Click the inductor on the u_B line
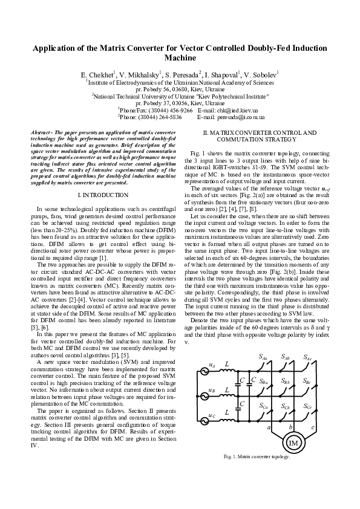pyautogui.click(x=227, y=391)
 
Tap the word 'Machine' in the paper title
pyautogui.click(x=180, y=59)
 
